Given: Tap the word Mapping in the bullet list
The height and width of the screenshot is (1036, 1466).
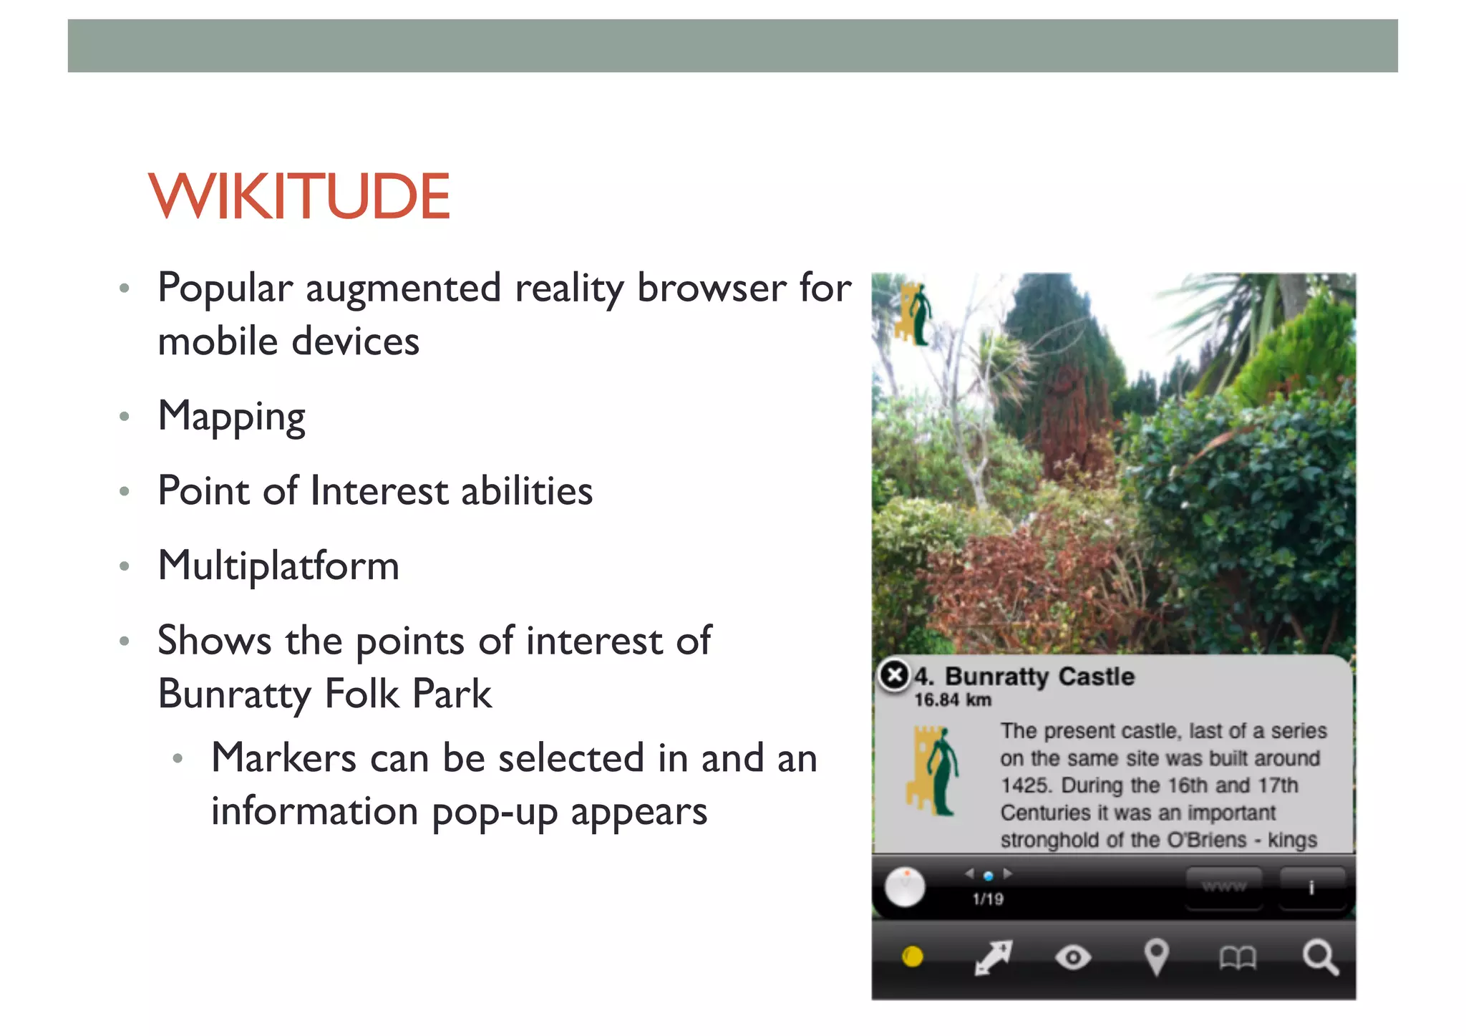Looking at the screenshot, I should pyautogui.click(x=231, y=417).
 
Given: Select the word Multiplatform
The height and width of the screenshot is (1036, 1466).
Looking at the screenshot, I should pyautogui.click(x=278, y=566).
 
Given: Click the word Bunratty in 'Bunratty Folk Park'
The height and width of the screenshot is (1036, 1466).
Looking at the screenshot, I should pyautogui.click(x=235, y=694).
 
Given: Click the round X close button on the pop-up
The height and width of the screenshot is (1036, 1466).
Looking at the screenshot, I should pyautogui.click(x=894, y=674).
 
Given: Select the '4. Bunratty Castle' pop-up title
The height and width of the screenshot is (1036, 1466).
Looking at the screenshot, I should pyautogui.click(x=1025, y=677).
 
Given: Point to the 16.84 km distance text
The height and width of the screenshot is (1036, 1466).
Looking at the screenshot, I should pyautogui.click(x=953, y=700).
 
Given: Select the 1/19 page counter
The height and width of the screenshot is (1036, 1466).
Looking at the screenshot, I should pyautogui.click(x=988, y=899).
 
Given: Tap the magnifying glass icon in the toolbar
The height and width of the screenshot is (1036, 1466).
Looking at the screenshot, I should pyautogui.click(x=1319, y=957).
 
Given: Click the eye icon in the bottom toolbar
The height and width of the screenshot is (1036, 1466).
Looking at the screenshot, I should pyautogui.click(x=1073, y=957).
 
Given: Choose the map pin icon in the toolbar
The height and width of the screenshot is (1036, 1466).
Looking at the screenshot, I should pyautogui.click(x=1156, y=957).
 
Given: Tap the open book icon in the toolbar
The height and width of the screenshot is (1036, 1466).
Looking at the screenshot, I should pyautogui.click(x=1238, y=958).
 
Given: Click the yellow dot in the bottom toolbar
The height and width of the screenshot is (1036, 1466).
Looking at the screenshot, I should pyautogui.click(x=913, y=957).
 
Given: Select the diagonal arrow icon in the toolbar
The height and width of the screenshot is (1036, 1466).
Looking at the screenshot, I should pyautogui.click(x=993, y=958).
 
